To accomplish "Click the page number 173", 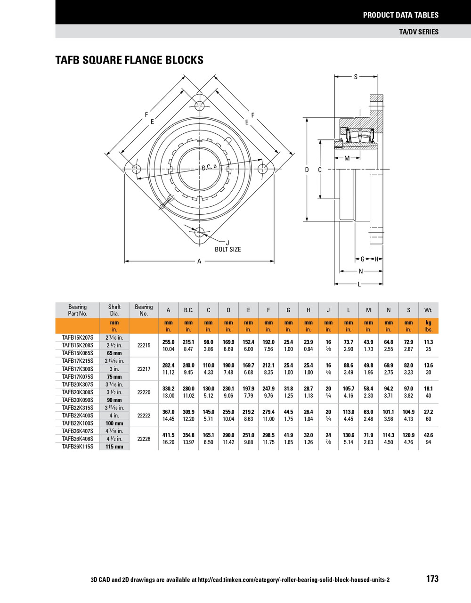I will [x=432, y=579].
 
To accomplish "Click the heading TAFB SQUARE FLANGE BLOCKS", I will [x=130, y=60].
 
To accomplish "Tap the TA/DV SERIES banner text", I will [x=418, y=32].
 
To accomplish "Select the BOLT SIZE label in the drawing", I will [x=227, y=249].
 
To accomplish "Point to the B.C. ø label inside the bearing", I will [x=209, y=167].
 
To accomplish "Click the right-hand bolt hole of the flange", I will [x=262, y=168].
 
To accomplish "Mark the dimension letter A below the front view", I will [x=199, y=261].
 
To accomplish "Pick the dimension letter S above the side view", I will [x=356, y=77].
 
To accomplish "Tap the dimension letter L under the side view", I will [x=359, y=284].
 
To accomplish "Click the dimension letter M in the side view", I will [x=347, y=158].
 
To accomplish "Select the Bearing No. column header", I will [x=144, y=310].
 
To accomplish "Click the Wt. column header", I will [x=428, y=310].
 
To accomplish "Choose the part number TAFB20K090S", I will [x=78, y=400].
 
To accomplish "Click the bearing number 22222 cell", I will [x=144, y=416].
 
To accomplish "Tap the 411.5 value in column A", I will [x=168, y=435].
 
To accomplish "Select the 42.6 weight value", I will [x=428, y=435].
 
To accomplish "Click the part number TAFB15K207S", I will [x=78, y=338].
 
